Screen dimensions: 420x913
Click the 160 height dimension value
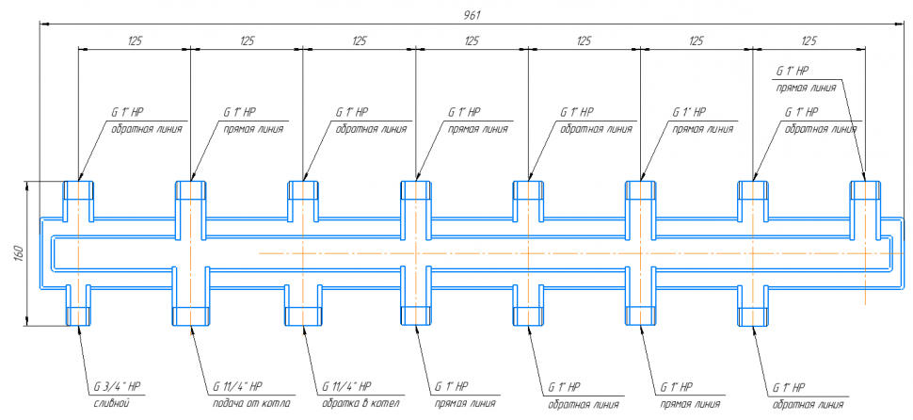(17, 253)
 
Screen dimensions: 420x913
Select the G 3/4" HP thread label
(117, 387)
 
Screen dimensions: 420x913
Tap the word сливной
(111, 403)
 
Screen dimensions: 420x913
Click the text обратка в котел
(360, 403)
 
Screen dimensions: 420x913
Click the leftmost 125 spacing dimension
(134, 41)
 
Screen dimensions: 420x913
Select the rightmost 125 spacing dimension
(809, 41)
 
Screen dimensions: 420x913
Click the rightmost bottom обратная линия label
(806, 404)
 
